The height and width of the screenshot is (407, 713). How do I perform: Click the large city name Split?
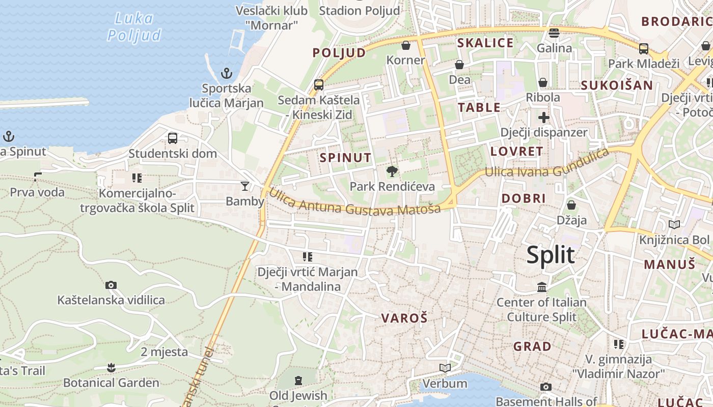551,255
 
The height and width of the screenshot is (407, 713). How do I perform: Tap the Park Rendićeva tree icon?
392,171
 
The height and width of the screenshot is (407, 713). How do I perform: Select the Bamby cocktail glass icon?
245,186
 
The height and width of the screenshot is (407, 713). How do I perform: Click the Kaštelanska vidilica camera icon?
111,285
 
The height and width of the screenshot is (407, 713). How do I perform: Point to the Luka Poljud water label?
134,27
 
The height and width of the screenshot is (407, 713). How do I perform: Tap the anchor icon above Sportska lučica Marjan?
227,74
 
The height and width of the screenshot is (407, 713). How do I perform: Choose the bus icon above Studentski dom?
173,138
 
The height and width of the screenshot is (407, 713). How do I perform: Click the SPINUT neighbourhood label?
345,158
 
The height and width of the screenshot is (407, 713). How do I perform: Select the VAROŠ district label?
404,318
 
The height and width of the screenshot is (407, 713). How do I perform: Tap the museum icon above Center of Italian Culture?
542,287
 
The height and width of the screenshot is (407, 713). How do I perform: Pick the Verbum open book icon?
445,368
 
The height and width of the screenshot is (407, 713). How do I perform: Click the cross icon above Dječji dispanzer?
544,118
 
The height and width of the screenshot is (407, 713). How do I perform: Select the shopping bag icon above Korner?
406,45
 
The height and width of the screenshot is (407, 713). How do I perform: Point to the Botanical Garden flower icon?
111,367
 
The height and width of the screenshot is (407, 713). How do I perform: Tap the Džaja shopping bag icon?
571,205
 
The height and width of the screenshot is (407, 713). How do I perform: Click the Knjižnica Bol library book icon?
674,224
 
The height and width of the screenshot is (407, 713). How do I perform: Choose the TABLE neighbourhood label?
479,107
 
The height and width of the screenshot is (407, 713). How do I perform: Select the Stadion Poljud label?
360,10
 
